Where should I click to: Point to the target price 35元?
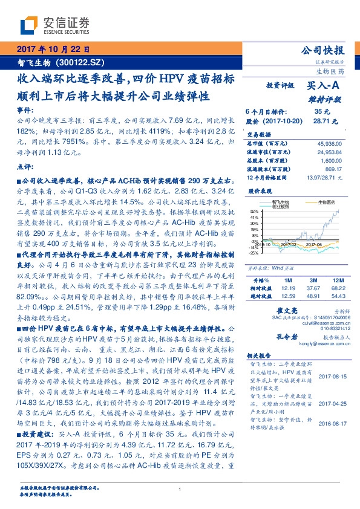point(322,112)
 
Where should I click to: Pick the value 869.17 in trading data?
point(332,170)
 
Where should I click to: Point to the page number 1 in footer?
point(180,490)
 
